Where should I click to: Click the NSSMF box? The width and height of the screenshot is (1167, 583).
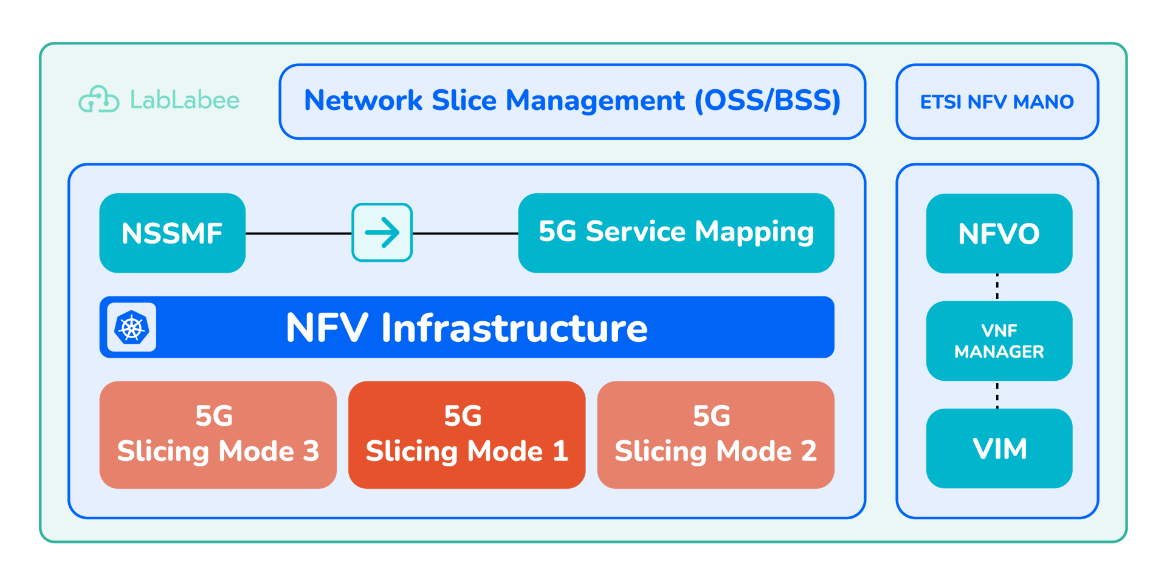click(172, 233)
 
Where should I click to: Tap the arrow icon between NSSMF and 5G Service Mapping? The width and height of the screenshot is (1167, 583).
click(382, 233)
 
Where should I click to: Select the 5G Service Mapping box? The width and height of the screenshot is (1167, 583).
click(676, 233)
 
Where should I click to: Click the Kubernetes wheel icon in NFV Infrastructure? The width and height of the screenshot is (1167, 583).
click(131, 327)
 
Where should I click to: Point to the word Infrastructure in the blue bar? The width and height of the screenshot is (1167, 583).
click(514, 329)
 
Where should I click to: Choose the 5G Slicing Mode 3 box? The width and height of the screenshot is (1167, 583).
click(218, 435)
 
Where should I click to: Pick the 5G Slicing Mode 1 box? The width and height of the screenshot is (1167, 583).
click(466, 435)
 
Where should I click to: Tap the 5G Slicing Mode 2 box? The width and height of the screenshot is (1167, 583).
click(715, 435)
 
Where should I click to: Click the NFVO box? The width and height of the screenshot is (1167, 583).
click(999, 234)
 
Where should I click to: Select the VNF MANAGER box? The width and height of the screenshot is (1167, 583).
click(999, 341)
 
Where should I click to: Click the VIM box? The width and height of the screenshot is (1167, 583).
click(999, 449)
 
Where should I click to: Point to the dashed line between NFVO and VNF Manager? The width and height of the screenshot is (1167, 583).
click(997, 287)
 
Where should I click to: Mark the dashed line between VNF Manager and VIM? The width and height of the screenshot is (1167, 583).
click(997, 395)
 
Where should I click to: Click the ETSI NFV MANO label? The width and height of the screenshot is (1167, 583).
click(997, 102)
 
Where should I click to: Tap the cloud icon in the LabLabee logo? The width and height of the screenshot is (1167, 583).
click(98, 100)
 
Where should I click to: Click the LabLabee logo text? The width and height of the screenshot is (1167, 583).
click(185, 100)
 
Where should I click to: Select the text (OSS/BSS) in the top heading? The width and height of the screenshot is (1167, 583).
click(768, 101)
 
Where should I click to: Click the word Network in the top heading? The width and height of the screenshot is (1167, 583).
click(363, 101)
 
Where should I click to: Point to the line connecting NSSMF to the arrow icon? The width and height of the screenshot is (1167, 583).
click(298, 233)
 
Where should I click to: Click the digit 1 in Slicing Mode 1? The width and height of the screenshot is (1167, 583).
click(560, 451)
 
